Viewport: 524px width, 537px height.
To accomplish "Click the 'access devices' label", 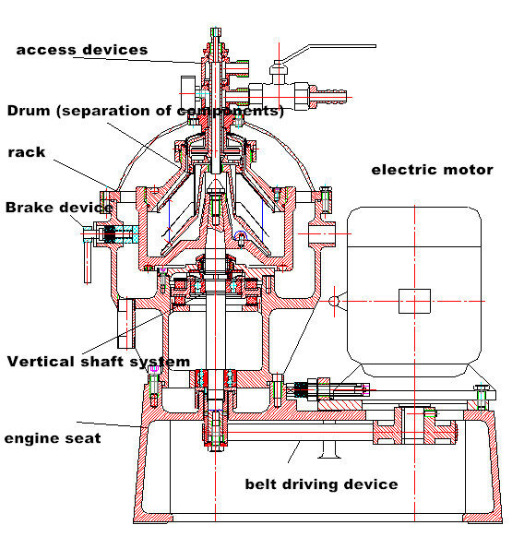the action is (82, 50).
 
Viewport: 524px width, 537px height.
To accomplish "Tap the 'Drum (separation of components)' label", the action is (146, 111).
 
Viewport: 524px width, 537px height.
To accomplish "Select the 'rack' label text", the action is (27, 152).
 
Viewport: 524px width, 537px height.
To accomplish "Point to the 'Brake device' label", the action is (59, 208).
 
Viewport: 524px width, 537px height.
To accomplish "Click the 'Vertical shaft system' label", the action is (99, 362).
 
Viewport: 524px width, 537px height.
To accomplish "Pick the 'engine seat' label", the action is (53, 438).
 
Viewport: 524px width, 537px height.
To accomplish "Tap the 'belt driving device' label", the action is (322, 484).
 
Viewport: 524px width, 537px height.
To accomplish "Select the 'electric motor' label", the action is (433, 170).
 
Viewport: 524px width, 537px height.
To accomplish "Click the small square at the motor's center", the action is (414, 301).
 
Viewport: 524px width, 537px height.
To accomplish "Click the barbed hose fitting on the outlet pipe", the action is (330, 97).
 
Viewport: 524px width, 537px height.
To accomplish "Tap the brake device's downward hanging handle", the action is (88, 261).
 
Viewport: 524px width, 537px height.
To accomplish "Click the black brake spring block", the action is (110, 234).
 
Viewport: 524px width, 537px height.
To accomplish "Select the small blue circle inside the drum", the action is (241, 235).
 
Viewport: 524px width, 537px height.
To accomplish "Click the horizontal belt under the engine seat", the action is (300, 432).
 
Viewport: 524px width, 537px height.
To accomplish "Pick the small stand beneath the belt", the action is (328, 449).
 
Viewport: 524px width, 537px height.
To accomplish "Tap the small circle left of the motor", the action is (334, 301).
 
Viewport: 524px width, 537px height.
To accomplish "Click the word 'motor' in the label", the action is (468, 170).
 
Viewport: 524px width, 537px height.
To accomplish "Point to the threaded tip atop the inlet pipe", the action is (216, 32).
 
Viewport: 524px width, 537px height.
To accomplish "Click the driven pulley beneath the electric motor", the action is (415, 425).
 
